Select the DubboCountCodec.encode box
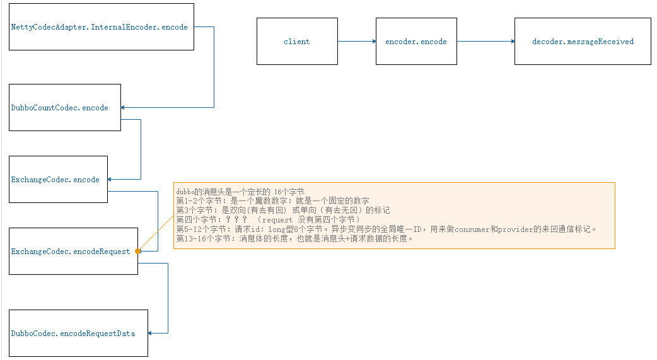(65, 108)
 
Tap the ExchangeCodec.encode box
(59, 180)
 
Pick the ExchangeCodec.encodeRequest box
(73, 252)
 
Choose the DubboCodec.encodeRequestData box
(79, 334)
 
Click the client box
(297, 42)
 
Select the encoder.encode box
(416, 42)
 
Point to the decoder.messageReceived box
(583, 42)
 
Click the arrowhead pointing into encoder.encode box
(373, 42)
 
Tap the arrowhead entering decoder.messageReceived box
(512, 42)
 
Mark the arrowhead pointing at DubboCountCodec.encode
(124, 108)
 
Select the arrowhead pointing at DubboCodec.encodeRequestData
(151, 334)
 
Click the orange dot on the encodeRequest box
(138, 251)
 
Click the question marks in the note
(236, 219)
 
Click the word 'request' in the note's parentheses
(277, 219)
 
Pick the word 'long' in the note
(277, 229)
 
